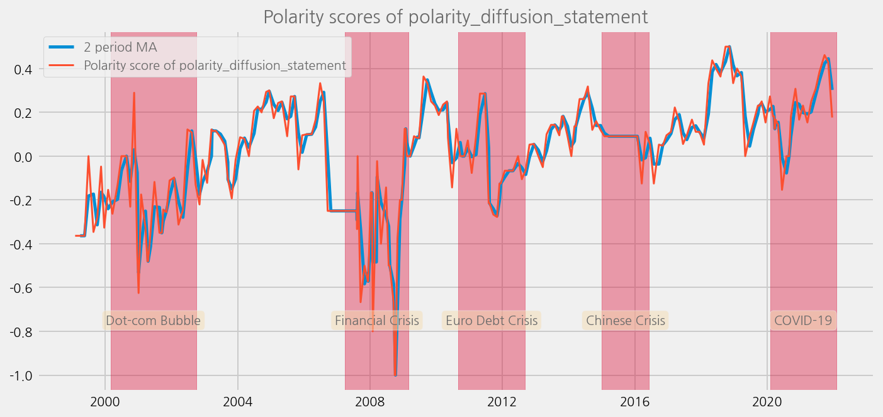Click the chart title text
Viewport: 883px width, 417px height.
[455, 17]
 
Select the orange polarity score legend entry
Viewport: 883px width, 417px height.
[215, 66]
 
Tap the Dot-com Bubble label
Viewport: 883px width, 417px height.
[153, 321]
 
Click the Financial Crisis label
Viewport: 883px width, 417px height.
[376, 321]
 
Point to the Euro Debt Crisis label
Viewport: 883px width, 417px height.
[492, 321]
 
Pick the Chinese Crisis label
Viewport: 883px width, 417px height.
[625, 321]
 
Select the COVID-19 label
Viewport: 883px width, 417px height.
[802, 321]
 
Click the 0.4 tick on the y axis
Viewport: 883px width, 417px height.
[23, 69]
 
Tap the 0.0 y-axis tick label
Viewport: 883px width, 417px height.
[23, 156]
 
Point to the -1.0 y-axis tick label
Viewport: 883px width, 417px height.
[21, 375]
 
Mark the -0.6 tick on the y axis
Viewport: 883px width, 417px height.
[21, 288]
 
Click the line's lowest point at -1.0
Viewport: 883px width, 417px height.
[395, 375]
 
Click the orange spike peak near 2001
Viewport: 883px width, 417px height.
[134, 93]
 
